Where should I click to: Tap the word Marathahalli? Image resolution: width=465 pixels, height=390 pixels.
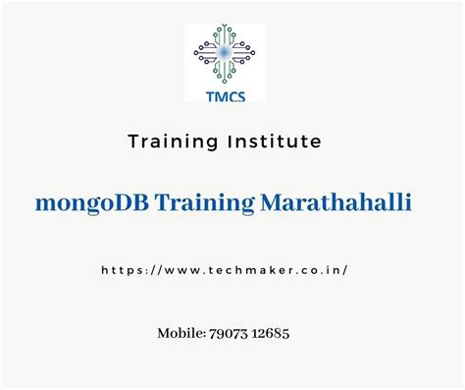coord(335,202)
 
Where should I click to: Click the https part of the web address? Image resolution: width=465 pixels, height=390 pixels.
coord(121,268)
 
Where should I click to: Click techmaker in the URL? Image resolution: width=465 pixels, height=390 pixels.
coord(254,268)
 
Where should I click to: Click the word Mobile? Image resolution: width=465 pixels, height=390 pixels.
coord(181,334)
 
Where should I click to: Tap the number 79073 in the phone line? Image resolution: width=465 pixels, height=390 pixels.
coord(228,334)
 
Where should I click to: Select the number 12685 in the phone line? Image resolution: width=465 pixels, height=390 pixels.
coord(270,334)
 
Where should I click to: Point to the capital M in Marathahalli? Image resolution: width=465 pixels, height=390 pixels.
coord(272,202)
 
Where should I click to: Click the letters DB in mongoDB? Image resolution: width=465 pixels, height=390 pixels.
coord(122,202)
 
